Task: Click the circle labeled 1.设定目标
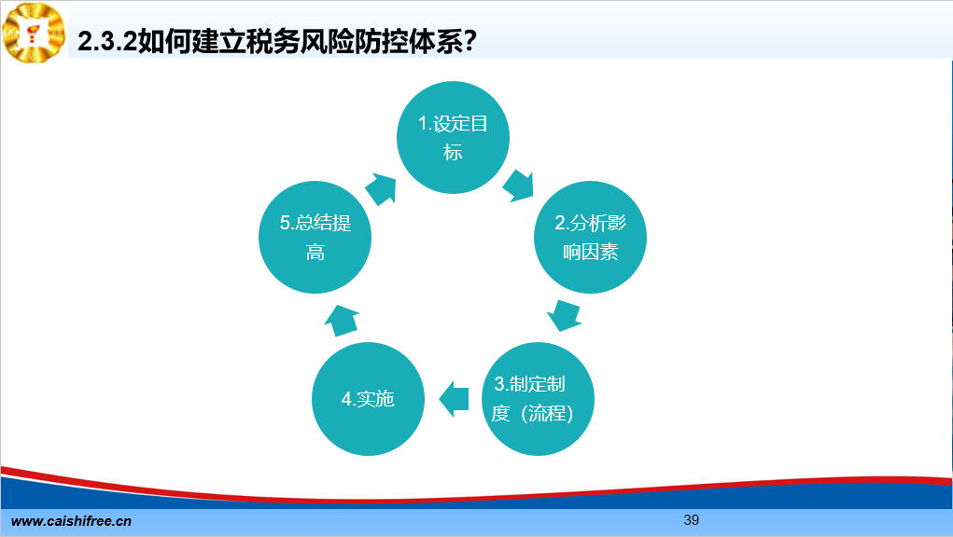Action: click(453, 138)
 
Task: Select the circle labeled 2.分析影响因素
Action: click(590, 237)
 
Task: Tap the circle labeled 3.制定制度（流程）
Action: click(538, 399)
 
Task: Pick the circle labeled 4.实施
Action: click(368, 399)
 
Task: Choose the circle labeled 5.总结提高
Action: click(315, 237)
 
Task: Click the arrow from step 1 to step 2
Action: click(518, 186)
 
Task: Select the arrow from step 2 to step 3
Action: click(564, 315)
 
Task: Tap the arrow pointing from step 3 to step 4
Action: click(454, 399)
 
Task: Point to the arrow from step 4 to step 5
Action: click(342, 321)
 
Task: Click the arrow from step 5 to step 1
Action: click(381, 188)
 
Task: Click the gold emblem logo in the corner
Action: click(34, 32)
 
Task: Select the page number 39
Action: click(691, 520)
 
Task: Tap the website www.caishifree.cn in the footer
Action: click(71, 521)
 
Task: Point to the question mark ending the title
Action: click(469, 42)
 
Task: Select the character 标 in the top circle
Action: click(453, 152)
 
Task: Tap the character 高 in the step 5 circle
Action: click(315, 252)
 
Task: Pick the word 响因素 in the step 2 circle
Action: click(590, 252)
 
